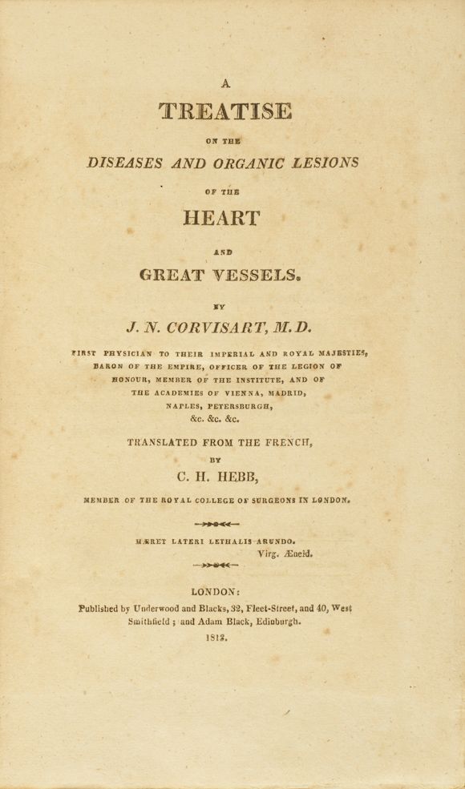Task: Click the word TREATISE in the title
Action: pos(224,111)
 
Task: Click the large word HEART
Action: pos(221,218)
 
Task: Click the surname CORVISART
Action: pos(219,327)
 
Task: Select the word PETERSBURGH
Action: pos(237,405)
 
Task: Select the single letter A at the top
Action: pos(225,82)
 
